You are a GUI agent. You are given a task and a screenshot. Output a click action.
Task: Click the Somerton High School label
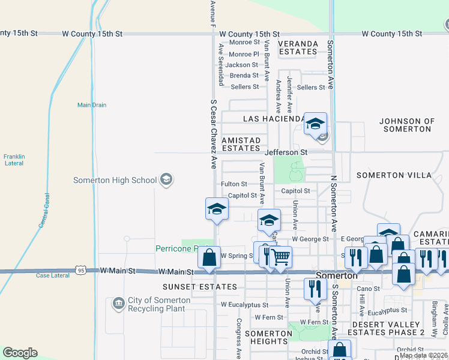coord(115,180)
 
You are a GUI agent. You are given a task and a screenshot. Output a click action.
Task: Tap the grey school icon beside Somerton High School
coord(166,179)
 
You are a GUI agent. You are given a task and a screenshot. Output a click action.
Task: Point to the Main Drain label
coord(92,105)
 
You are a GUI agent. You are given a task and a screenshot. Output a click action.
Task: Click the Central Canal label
coord(43,209)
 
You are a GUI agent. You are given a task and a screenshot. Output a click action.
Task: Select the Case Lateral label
coord(51,275)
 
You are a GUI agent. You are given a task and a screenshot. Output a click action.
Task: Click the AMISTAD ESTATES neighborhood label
coord(241,144)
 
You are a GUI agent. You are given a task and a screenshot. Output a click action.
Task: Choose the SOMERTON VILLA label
coord(394,175)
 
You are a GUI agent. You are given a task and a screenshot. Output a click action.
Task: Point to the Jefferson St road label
coord(287,153)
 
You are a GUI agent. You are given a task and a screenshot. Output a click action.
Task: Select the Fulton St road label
coord(234,184)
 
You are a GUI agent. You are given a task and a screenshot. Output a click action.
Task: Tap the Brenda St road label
coord(244,76)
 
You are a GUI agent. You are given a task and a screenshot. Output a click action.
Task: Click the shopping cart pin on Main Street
coord(280,257)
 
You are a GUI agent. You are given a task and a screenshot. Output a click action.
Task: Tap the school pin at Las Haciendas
coord(315,124)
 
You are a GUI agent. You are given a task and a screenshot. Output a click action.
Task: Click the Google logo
coord(20,353)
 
